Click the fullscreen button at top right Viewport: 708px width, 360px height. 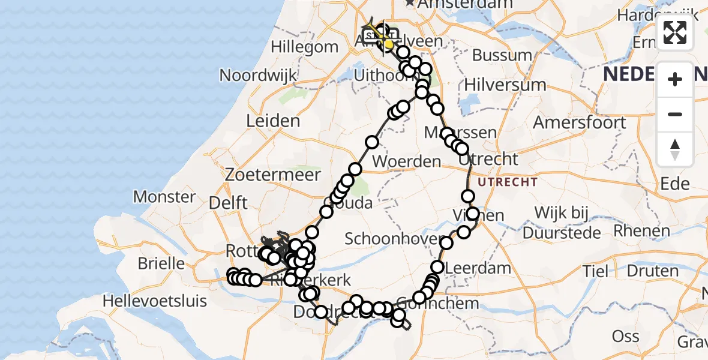point(675,32)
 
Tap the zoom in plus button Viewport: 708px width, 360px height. point(675,79)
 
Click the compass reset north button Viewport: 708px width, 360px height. point(675,149)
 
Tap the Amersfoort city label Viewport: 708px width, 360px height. point(580,122)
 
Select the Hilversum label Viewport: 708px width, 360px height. point(505,85)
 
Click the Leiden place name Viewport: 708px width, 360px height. point(274,121)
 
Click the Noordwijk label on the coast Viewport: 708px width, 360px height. point(259,76)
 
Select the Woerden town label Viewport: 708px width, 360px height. point(407,161)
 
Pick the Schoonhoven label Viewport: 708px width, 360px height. point(386,239)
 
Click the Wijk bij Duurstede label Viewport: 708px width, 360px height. point(568,222)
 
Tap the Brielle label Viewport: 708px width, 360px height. point(161,263)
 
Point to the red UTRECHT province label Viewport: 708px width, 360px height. point(508,181)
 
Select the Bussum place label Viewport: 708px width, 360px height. point(502,56)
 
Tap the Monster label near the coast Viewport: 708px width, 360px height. point(164,197)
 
